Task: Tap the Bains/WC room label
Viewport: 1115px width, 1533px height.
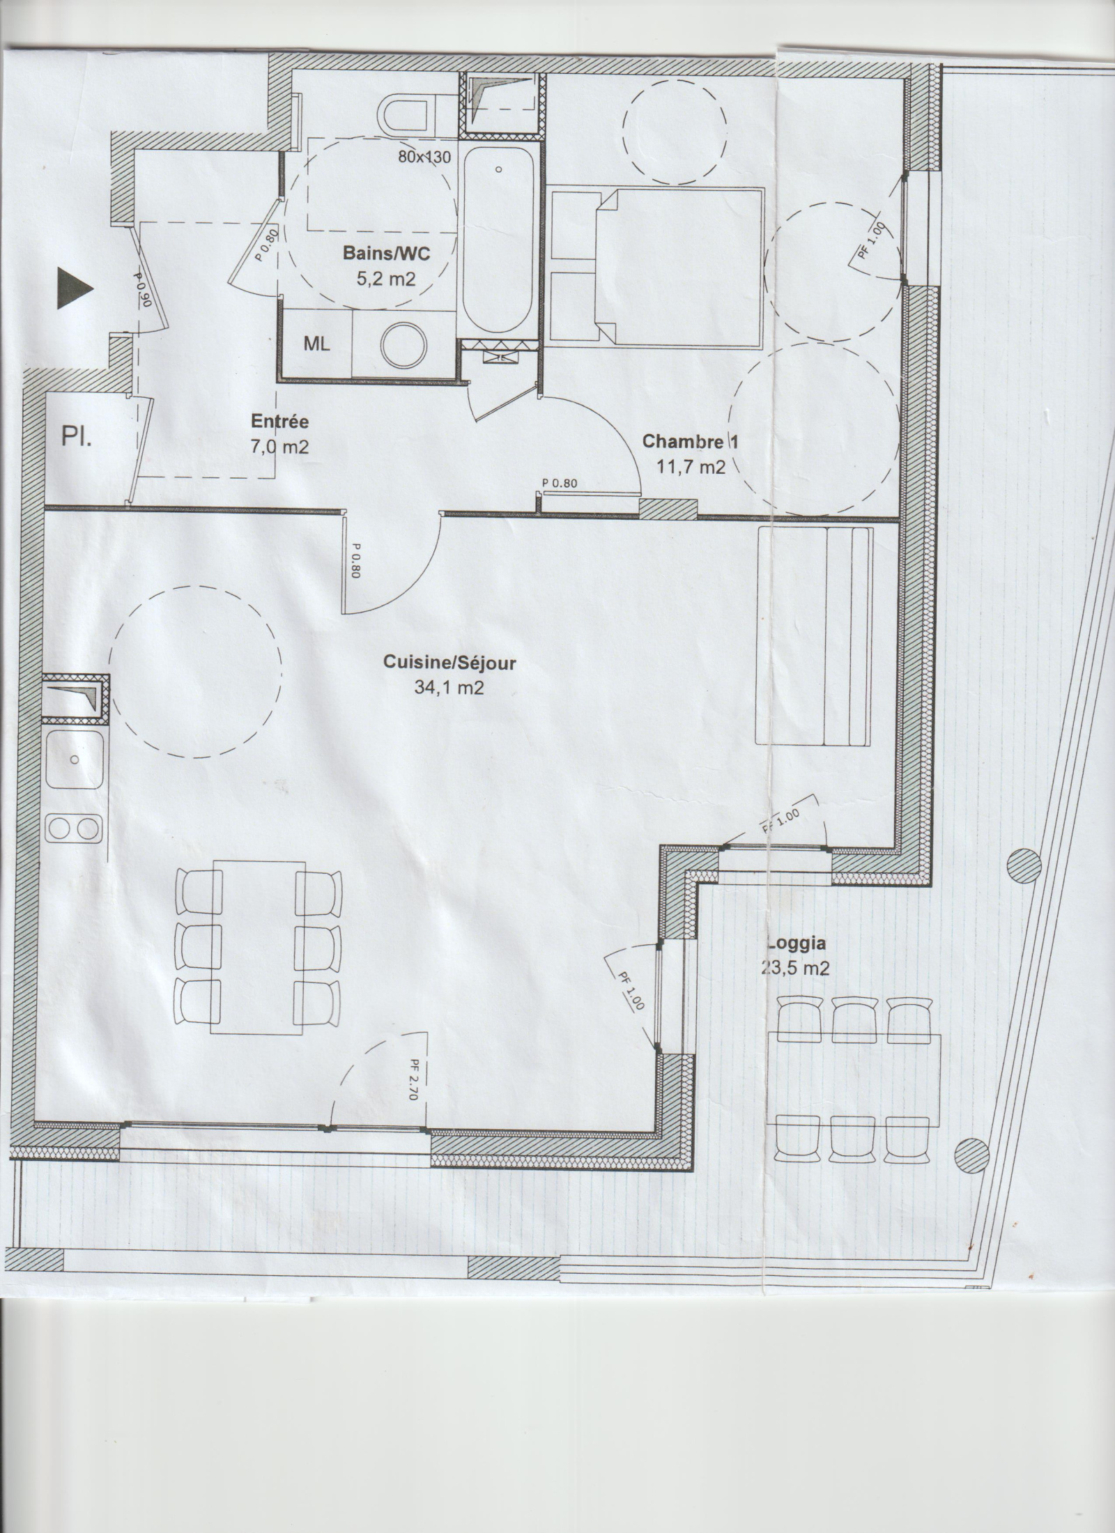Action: pos(386,254)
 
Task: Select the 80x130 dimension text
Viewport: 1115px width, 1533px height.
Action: pos(424,156)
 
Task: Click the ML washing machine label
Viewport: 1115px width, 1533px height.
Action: pos(316,344)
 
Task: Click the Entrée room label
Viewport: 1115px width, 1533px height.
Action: pos(279,421)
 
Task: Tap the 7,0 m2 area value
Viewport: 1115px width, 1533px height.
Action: pos(279,447)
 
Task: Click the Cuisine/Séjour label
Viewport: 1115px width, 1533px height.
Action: pos(449,663)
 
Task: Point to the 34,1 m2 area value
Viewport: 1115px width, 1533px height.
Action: pos(449,688)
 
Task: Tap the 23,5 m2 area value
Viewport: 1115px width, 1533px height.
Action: pos(797,969)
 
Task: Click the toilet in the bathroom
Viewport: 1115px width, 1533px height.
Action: pos(408,115)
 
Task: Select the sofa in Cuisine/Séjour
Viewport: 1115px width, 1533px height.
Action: pos(813,636)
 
